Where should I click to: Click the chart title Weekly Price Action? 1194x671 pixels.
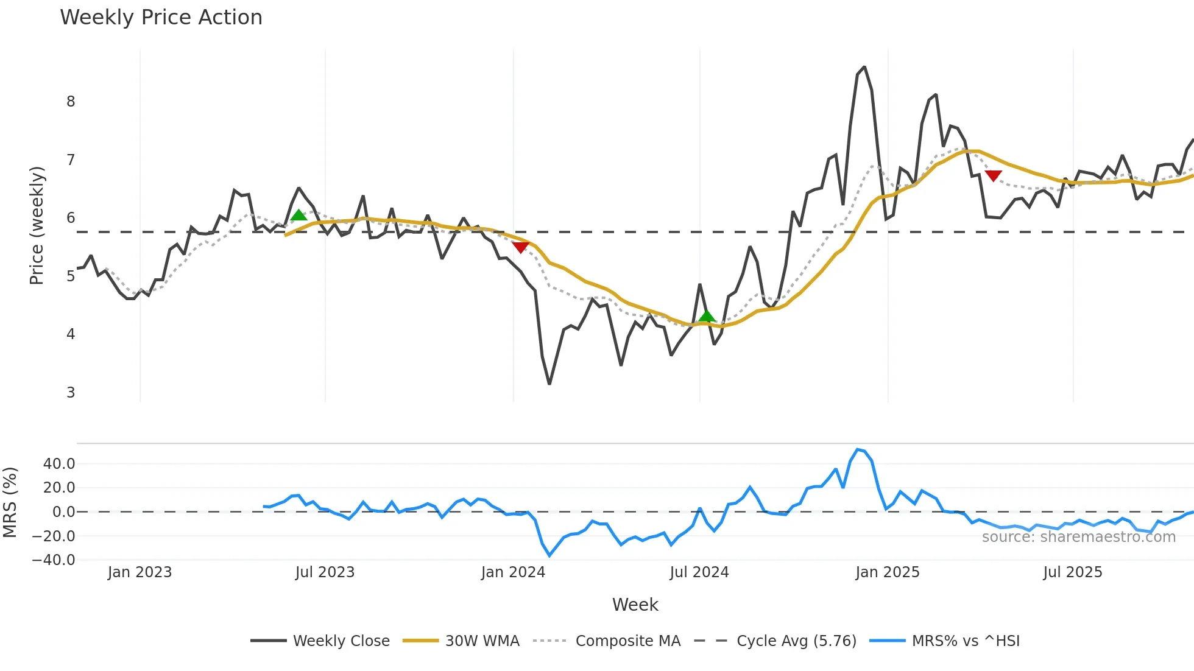[161, 18]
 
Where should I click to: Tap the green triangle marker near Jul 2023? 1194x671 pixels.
[298, 215]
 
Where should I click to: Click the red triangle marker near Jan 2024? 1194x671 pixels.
[520, 247]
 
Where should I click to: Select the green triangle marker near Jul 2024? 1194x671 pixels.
[707, 315]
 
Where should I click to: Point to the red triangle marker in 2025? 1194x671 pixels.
[993, 176]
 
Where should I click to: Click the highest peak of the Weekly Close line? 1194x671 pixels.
[864, 67]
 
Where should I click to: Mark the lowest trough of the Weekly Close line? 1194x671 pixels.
[549, 384]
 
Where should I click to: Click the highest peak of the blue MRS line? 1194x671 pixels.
[858, 449]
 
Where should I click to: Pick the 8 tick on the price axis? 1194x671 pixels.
[71, 102]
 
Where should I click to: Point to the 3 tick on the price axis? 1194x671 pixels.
[71, 393]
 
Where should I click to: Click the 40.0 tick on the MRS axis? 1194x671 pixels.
[59, 464]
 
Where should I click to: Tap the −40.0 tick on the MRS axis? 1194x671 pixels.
[54, 560]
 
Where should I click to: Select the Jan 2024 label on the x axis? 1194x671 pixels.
[513, 572]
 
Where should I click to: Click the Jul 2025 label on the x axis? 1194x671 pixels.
[1072, 572]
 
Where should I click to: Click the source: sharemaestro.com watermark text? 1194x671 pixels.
[1078, 537]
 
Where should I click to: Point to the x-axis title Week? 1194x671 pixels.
[635, 605]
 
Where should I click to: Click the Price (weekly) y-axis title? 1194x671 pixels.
[37, 225]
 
